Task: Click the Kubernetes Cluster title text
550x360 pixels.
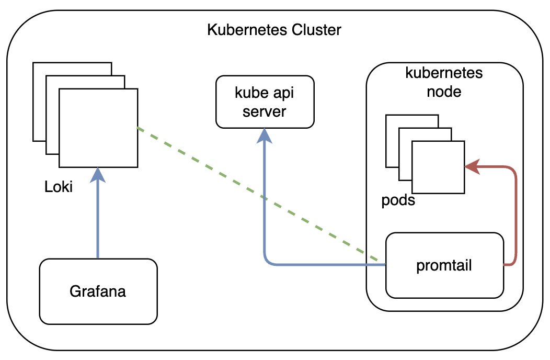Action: click(274, 30)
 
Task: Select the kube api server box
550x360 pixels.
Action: click(265, 102)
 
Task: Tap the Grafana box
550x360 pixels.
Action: click(98, 291)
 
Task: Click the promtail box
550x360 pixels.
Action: click(444, 265)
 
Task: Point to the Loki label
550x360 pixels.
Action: click(59, 187)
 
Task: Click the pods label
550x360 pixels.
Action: click(398, 200)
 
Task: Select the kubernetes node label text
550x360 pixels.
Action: click(444, 82)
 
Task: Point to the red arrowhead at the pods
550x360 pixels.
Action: click(472, 167)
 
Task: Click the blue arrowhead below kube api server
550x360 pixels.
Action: click(265, 137)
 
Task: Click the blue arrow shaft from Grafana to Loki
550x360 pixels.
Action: click(98, 220)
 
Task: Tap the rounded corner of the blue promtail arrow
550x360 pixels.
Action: click(267, 262)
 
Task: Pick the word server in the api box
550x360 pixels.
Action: click(265, 111)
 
